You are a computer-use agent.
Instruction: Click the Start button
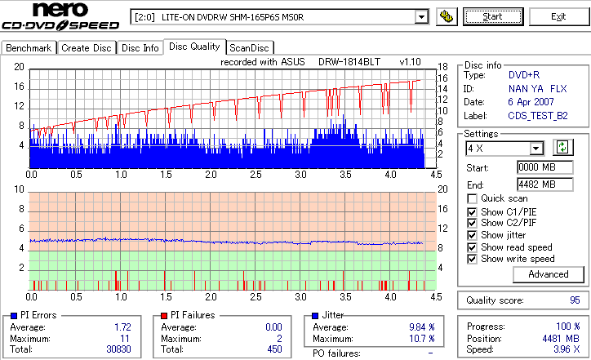point(493,16)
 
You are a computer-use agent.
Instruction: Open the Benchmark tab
point(29,48)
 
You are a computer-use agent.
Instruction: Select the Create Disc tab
point(87,48)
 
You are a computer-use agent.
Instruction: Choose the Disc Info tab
point(140,48)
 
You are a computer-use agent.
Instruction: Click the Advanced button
point(549,274)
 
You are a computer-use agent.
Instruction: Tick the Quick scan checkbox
point(473,199)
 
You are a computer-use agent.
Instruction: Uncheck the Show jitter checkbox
point(473,235)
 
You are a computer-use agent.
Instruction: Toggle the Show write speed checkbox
point(473,260)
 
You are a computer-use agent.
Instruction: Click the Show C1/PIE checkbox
point(473,211)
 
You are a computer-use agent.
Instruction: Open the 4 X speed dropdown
point(536,149)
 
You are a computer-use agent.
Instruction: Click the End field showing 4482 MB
point(536,184)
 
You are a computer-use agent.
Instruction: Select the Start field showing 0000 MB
point(536,167)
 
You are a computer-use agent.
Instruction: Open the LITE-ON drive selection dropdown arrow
point(421,17)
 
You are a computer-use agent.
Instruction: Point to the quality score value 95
point(575,300)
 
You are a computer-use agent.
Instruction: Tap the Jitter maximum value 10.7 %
point(420,339)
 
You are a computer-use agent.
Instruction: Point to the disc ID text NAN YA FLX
point(537,88)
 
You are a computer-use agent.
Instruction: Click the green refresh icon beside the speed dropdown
point(562,148)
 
